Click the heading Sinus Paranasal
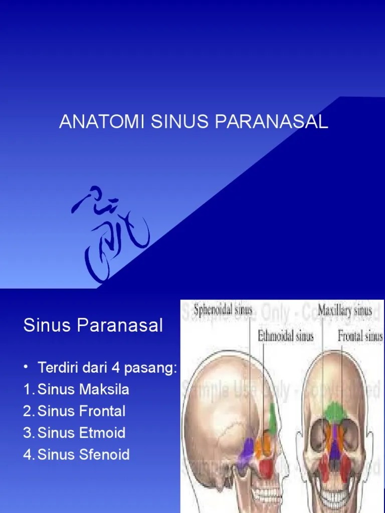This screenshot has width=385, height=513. [93, 326]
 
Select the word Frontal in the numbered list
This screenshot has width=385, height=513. [102, 411]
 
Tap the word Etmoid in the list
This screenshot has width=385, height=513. [102, 433]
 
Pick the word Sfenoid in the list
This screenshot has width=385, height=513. [105, 455]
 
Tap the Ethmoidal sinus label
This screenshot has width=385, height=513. [286, 336]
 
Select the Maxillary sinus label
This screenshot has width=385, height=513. [345, 310]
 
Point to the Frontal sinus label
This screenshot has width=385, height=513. [360, 336]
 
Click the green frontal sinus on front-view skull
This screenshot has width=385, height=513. [334, 411]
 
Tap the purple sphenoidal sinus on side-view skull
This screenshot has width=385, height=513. [249, 448]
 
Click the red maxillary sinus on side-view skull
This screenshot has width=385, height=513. [266, 468]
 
